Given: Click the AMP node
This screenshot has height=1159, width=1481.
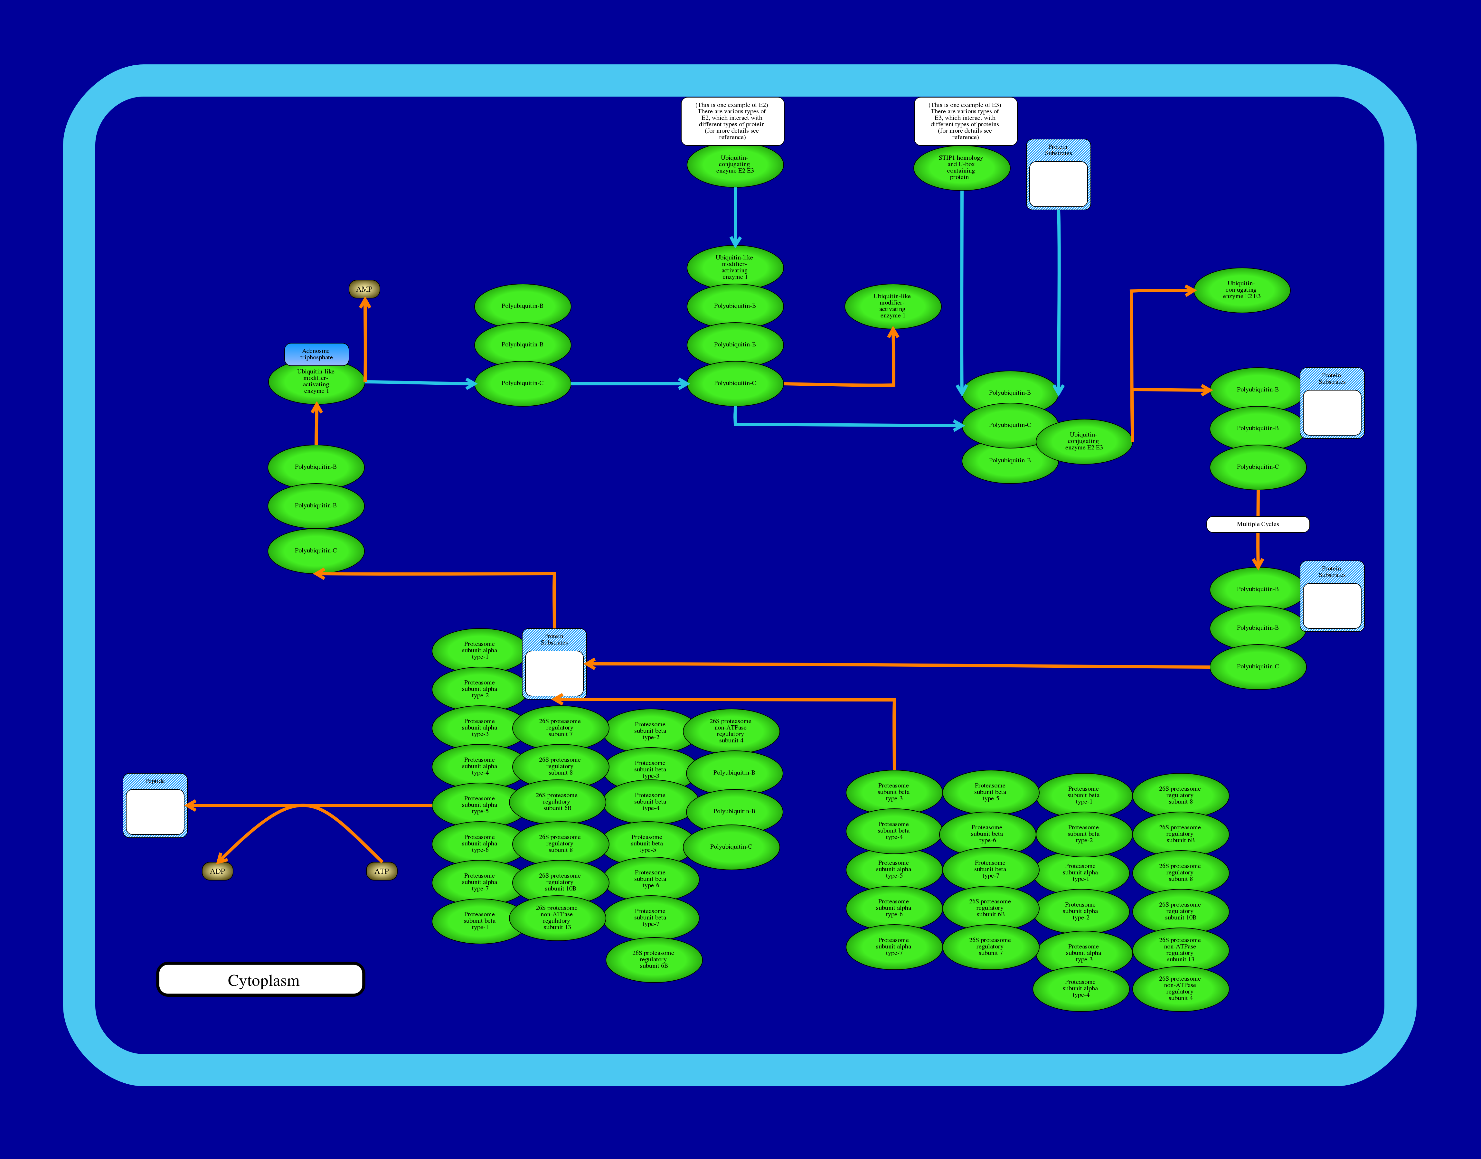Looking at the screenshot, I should click(364, 289).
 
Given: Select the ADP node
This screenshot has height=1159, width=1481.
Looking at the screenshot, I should click(217, 871).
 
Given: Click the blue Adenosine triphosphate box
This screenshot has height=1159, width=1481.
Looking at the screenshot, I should click(316, 354).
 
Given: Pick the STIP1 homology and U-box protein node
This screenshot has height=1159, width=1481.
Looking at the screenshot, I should click(961, 168).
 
